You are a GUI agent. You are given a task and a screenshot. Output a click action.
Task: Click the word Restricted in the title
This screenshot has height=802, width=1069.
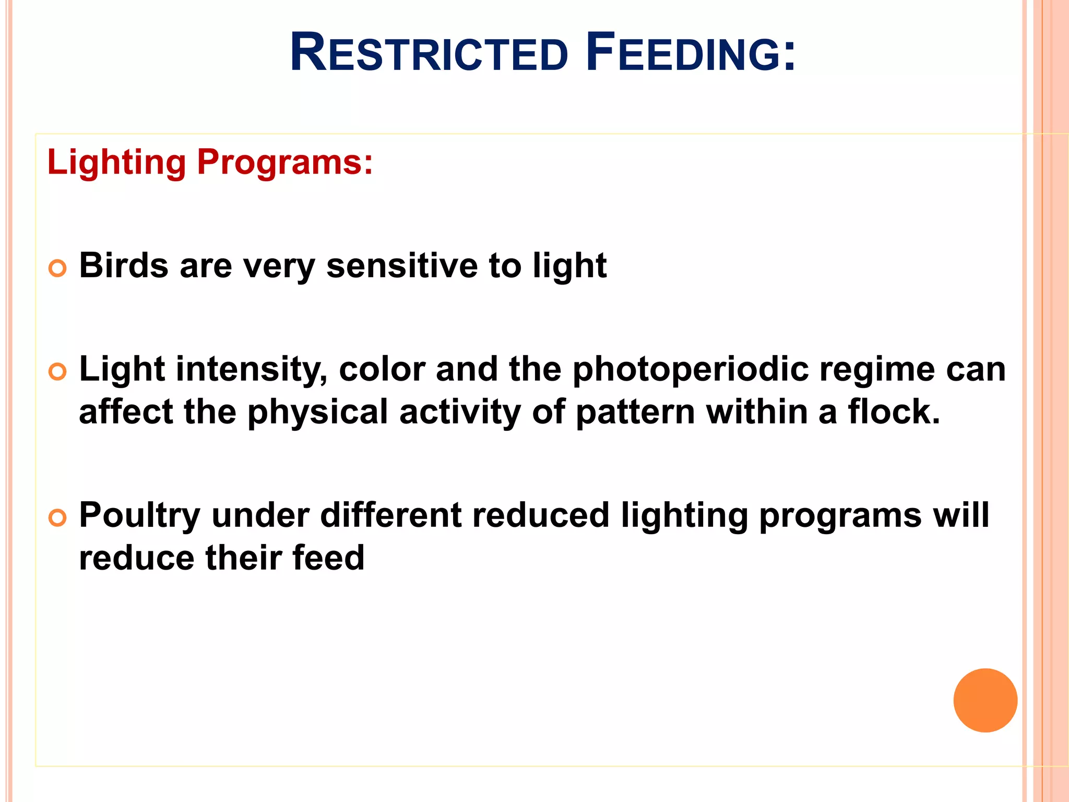point(429,53)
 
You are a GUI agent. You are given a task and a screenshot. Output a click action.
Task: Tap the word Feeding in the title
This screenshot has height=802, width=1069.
point(690,53)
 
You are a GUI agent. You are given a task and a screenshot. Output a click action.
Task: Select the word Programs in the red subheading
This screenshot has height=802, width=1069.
point(284,163)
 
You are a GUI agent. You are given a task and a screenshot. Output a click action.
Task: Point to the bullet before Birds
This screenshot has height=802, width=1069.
point(57,268)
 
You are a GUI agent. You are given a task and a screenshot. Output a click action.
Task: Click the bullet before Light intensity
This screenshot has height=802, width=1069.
point(57,372)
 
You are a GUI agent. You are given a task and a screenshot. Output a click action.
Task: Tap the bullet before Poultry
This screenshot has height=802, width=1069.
point(57,518)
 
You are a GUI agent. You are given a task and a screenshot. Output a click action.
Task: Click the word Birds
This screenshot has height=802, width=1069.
point(124,265)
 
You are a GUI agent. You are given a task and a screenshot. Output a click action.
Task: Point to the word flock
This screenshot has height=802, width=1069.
point(894,411)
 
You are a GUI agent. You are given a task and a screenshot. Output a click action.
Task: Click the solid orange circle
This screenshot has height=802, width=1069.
point(985,700)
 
